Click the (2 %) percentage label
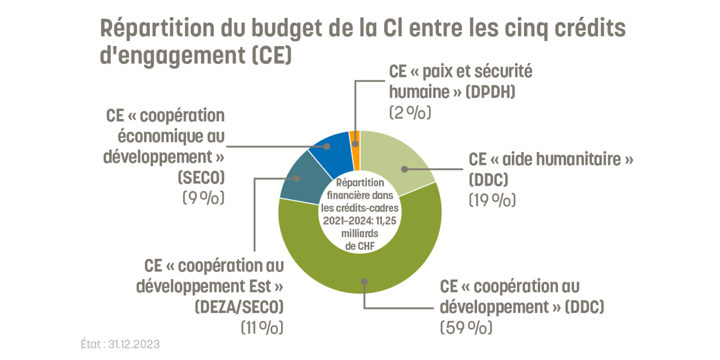click(410, 112)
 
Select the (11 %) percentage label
click(262, 327)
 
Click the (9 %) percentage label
click(203, 198)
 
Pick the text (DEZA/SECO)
click(238, 307)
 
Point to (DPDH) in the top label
click(490, 92)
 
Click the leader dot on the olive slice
click(364, 281)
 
